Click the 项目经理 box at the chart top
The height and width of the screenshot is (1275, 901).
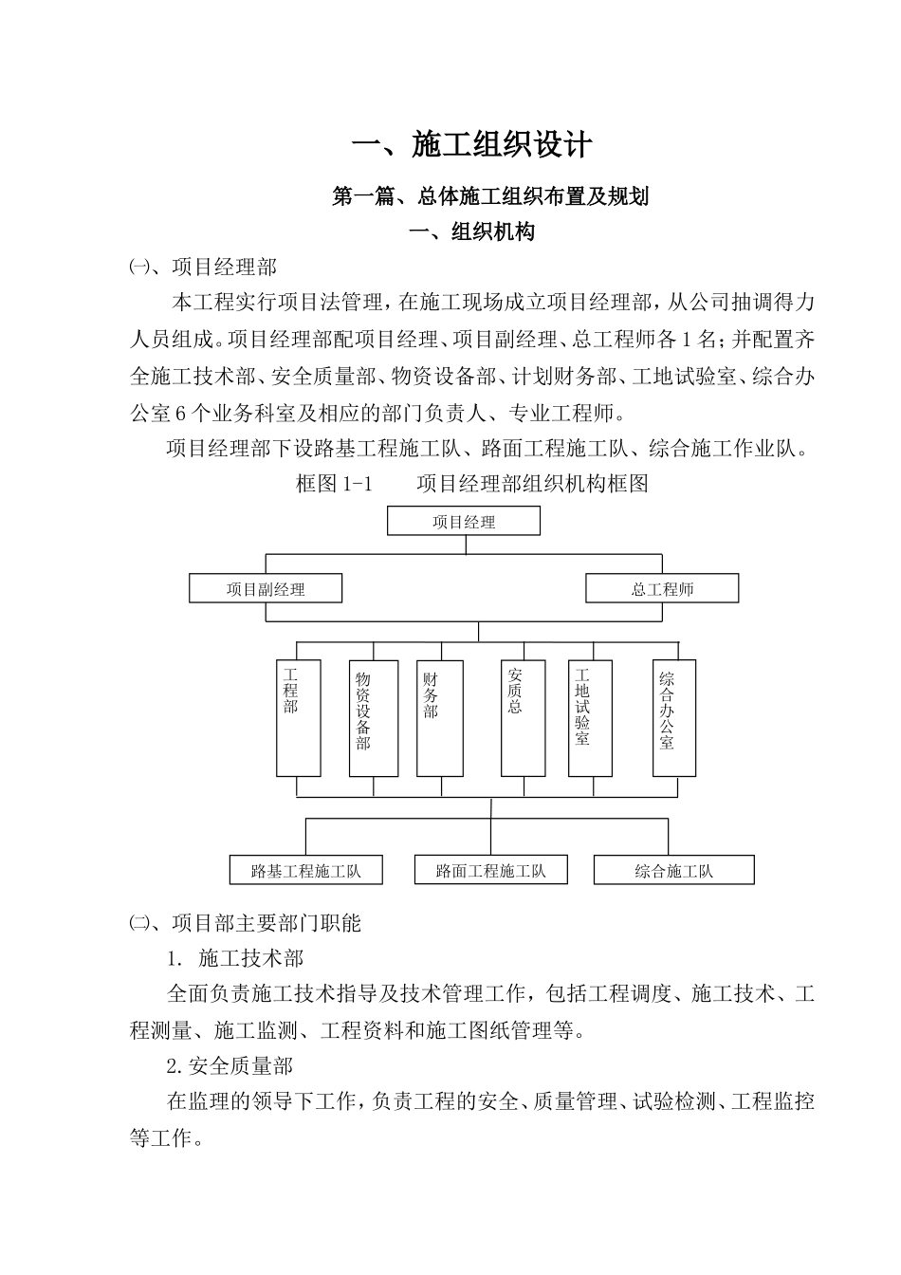click(464, 521)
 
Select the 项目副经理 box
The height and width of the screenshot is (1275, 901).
click(266, 588)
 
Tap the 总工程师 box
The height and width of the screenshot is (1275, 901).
click(662, 588)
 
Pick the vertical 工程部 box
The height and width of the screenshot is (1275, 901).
click(298, 717)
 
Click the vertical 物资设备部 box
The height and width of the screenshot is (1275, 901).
click(372, 717)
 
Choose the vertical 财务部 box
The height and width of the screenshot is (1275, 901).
click(439, 717)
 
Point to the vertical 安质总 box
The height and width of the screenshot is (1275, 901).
click(523, 717)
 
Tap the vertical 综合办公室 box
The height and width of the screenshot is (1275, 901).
click(673, 717)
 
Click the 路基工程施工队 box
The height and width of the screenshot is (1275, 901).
click(306, 870)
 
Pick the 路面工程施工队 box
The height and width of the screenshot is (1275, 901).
click(490, 870)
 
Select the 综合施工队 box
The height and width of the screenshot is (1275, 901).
click(673, 870)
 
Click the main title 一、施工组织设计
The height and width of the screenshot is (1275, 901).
click(472, 145)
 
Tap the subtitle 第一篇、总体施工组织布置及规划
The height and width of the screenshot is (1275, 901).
click(490, 197)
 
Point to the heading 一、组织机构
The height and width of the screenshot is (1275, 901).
click(471, 231)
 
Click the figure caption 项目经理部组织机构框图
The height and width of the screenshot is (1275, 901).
click(532, 483)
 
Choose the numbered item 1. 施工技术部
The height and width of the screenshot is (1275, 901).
click(235, 958)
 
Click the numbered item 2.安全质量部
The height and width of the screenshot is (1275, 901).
click(230, 1066)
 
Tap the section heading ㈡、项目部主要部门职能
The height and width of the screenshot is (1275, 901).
click(246, 922)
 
